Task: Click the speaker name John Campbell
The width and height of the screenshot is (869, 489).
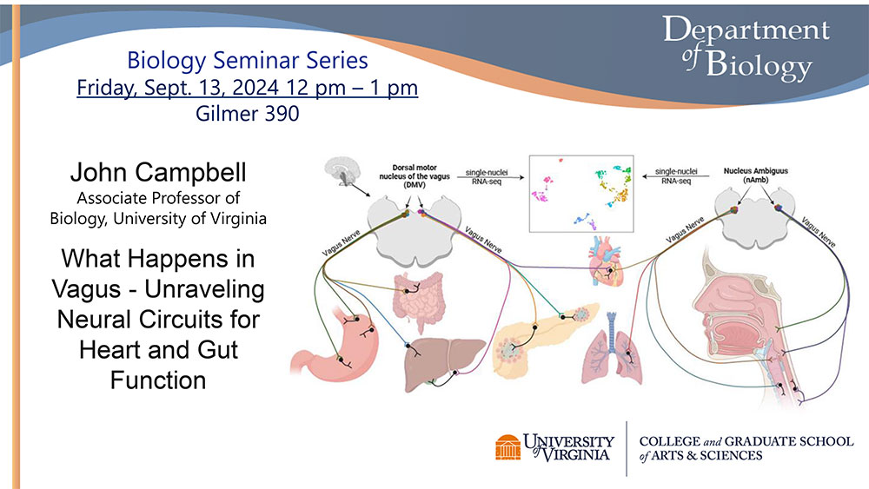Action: tap(158, 172)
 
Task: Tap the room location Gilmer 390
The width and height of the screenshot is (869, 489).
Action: tap(247, 114)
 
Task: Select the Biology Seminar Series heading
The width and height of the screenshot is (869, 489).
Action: tap(247, 60)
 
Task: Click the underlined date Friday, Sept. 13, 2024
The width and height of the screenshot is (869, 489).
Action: tap(177, 88)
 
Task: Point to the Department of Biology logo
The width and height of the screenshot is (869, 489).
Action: tap(746, 47)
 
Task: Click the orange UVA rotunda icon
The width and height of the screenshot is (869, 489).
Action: tap(507, 447)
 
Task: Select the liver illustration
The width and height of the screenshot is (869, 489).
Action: tap(444, 363)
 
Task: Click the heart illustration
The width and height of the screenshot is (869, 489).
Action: tap(605, 261)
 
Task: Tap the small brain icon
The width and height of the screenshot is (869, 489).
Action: tap(342, 172)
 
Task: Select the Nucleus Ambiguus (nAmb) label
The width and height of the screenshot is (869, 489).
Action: tap(755, 175)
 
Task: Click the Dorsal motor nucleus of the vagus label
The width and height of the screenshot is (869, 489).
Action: tap(414, 176)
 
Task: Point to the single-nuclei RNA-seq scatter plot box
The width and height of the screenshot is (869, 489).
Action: tap(581, 194)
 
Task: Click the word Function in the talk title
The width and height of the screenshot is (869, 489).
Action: tap(158, 380)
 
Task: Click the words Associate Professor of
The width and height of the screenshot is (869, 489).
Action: tap(158, 198)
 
